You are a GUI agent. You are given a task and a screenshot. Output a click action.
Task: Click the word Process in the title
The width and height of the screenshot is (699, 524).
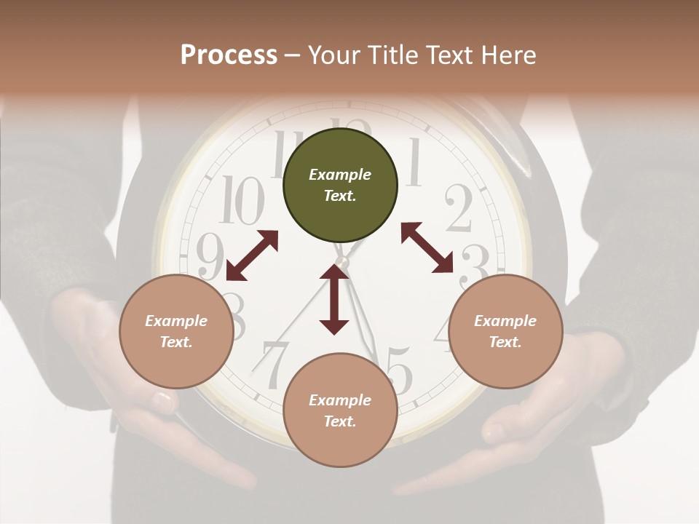coord(229,55)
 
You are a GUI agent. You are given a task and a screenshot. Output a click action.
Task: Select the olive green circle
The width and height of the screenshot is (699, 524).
coord(340,186)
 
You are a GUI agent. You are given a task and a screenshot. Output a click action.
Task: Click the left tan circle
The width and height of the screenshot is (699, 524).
coord(176,332)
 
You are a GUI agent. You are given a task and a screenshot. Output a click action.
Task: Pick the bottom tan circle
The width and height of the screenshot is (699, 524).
coord(340,410)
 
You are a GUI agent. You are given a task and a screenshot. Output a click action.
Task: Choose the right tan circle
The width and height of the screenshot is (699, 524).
coord(505,332)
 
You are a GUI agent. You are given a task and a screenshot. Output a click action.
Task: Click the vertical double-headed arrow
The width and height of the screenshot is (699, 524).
coord(334,300)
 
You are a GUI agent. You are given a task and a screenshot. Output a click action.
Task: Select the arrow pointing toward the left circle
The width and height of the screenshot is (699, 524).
coord(252,255)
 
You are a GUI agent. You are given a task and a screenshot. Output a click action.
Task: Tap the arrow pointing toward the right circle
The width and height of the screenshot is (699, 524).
coord(427,247)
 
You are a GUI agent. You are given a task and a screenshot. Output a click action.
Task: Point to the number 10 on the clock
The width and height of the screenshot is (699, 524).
coord(242,201)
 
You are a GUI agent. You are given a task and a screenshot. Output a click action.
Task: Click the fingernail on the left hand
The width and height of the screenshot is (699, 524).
coord(162,399)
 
